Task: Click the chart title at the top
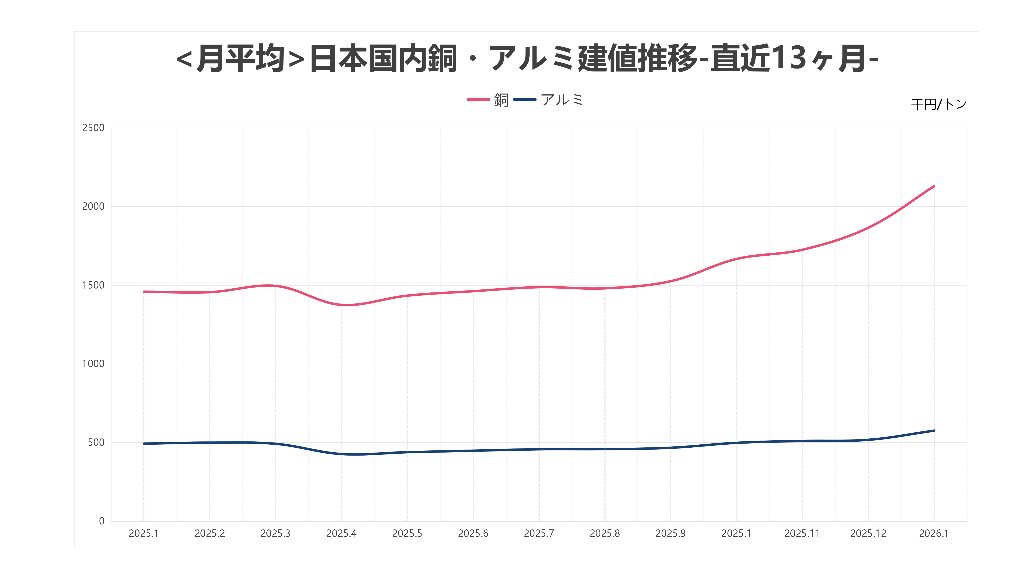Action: (x=527, y=59)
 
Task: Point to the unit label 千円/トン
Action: (x=938, y=104)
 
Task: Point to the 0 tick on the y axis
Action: (x=102, y=521)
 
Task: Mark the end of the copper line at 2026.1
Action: (x=934, y=186)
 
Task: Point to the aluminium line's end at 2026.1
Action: (x=934, y=431)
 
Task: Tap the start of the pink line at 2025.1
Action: (x=144, y=292)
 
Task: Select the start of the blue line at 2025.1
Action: (x=144, y=444)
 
